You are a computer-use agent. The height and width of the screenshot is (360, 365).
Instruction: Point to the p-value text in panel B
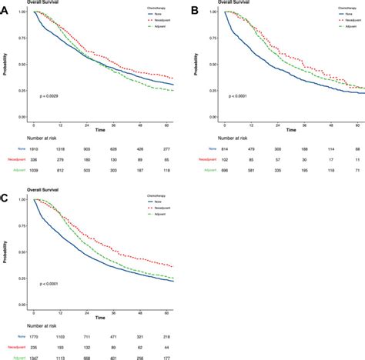click(x=244, y=95)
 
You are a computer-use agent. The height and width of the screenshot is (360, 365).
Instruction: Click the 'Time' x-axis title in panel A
click(x=101, y=129)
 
